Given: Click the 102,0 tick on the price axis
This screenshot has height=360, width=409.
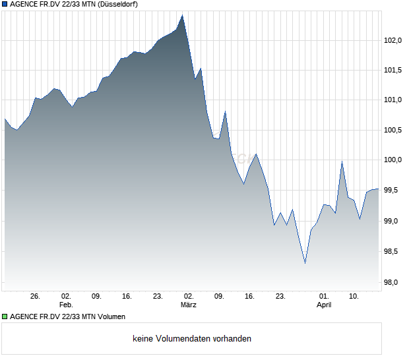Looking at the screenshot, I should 394,40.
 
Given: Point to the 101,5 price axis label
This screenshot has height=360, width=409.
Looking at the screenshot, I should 394,71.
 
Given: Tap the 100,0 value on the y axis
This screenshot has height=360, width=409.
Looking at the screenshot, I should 394,160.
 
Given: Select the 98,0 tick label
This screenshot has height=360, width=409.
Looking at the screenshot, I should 394,283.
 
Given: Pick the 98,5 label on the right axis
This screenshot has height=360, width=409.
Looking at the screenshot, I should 394,252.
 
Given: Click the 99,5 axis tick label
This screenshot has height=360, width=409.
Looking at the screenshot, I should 394,191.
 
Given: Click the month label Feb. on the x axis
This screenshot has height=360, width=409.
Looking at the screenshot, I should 65,305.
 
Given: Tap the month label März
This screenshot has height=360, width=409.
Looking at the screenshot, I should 189,305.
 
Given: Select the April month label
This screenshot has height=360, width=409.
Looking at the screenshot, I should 324,305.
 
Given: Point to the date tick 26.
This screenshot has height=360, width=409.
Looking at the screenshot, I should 36,297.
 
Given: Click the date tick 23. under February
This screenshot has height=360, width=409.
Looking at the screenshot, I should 158,297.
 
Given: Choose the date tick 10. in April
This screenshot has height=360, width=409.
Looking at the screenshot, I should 354,297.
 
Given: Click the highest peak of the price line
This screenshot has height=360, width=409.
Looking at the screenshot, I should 183,15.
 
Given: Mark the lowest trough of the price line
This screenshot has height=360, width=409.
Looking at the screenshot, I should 305,264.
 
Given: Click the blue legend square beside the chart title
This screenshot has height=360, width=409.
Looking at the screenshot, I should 5,4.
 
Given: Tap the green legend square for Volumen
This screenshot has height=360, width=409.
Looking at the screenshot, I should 5,316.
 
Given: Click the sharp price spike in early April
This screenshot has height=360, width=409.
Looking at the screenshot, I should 342,162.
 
